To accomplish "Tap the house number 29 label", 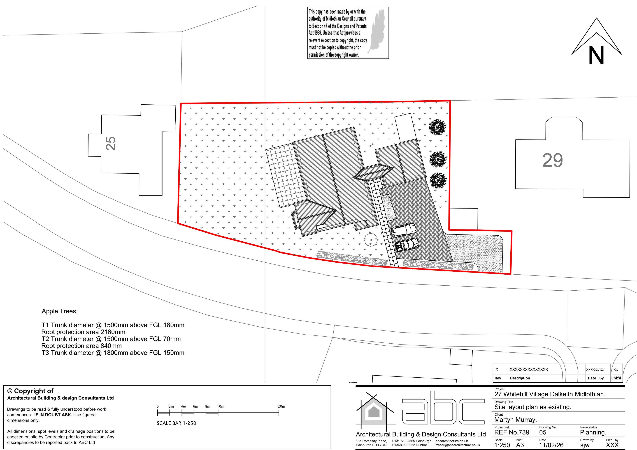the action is (552, 160).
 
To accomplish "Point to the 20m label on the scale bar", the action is (281, 406).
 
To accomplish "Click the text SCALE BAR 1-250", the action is (177, 423).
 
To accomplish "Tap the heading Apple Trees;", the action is (60, 311).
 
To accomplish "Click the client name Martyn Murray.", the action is (516, 420).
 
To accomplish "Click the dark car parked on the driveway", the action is (407, 244).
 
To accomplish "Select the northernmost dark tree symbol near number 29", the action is (437, 128).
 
